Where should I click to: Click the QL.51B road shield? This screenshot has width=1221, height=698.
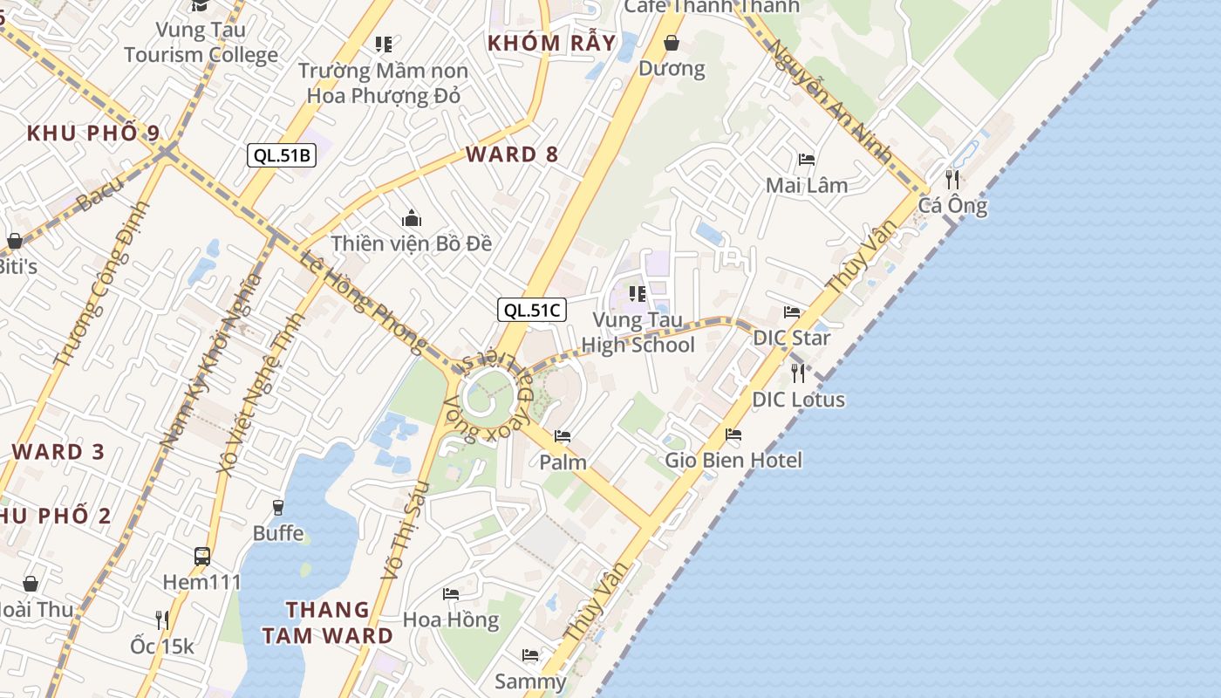[x=281, y=155]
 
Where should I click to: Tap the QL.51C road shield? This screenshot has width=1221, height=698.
[x=532, y=310]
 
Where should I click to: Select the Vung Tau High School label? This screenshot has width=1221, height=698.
[x=638, y=332]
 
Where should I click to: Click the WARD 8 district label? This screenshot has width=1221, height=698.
[x=512, y=154]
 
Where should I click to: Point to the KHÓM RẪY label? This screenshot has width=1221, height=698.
[x=551, y=43]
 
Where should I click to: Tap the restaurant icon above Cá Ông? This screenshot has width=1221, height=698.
[x=952, y=179]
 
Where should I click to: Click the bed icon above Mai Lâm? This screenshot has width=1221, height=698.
[x=807, y=160]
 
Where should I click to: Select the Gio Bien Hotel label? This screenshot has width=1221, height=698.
[x=733, y=460]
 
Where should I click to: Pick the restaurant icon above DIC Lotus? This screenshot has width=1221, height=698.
[x=798, y=373]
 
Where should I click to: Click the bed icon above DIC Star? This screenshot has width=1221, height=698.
[x=792, y=311]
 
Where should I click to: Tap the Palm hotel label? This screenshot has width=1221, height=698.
[x=563, y=462]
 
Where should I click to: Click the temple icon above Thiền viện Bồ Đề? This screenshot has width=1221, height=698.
[x=412, y=218]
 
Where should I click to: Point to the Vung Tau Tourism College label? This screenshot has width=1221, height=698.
[x=201, y=42]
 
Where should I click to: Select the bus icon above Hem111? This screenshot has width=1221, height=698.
[x=202, y=556]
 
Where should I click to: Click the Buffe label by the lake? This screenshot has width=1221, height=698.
[x=278, y=532]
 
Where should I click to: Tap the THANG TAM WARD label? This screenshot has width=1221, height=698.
[x=328, y=622]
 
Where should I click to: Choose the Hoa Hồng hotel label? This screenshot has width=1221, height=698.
[x=451, y=619]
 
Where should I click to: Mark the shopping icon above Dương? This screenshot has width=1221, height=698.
[x=672, y=43]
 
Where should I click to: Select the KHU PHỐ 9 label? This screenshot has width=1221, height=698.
[x=93, y=133]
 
